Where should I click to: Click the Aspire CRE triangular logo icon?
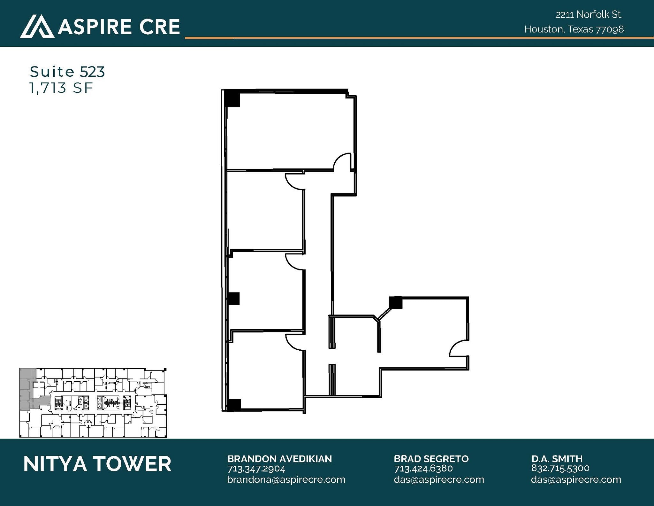click(x=37, y=27)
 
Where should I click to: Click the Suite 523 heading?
click(x=67, y=72)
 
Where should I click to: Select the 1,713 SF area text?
click(x=61, y=88)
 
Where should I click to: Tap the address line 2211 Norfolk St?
click(x=589, y=15)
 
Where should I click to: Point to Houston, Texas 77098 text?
click(x=574, y=29)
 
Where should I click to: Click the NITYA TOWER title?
click(x=97, y=464)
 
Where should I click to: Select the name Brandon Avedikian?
click(x=279, y=459)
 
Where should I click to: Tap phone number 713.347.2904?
click(x=256, y=469)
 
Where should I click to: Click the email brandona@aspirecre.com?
click(x=286, y=479)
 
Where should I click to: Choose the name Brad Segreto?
click(x=431, y=459)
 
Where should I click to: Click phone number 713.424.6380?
click(x=423, y=469)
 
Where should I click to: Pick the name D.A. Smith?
click(x=557, y=459)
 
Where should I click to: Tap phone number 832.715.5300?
click(x=560, y=468)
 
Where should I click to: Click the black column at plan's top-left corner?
click(x=232, y=98)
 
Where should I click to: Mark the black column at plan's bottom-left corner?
click(x=233, y=405)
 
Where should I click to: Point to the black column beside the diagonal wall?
click(x=396, y=303)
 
